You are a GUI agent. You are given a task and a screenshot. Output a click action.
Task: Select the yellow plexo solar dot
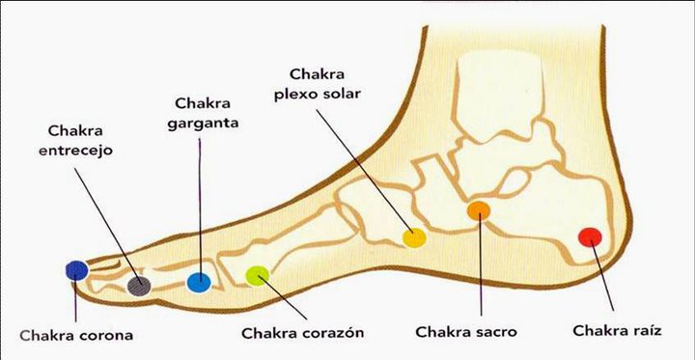(x=414, y=237)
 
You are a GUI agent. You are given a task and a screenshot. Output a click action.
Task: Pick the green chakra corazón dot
(x=257, y=276)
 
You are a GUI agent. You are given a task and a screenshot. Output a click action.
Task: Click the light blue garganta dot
(x=198, y=282)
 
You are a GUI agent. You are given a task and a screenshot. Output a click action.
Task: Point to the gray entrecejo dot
(x=139, y=284)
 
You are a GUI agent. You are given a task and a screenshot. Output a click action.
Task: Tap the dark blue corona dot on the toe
(x=75, y=271)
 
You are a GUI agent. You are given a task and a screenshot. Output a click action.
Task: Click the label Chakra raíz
(x=616, y=330)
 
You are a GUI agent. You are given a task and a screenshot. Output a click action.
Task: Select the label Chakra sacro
(x=466, y=331)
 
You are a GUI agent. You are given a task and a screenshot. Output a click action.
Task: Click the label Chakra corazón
(x=302, y=333)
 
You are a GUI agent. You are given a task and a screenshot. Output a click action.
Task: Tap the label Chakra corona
(x=75, y=336)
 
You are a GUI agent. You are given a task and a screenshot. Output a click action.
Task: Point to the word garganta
(x=204, y=123)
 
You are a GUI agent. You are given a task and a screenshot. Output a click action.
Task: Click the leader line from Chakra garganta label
(x=199, y=203)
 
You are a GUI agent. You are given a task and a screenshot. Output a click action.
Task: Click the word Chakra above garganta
(x=203, y=102)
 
